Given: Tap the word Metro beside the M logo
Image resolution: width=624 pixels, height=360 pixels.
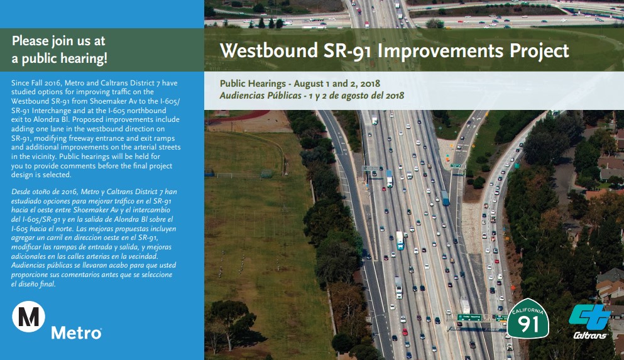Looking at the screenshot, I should [76, 332].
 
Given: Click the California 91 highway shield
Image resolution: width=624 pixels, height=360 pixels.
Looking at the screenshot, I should [527, 318].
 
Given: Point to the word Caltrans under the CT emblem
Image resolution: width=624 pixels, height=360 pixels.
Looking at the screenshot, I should [590, 335].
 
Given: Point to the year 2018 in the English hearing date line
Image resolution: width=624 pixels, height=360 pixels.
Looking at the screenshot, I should [369, 84].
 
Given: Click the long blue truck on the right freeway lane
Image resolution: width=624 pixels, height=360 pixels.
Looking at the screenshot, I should [445, 198].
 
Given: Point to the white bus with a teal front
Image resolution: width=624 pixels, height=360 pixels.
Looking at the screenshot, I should [400, 240].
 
